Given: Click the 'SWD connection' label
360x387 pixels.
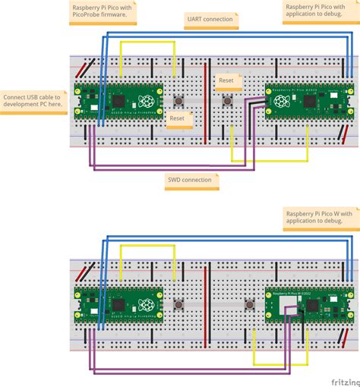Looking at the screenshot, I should [x=191, y=180].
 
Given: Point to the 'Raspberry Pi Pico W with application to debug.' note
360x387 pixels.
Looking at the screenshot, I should [x=320, y=219].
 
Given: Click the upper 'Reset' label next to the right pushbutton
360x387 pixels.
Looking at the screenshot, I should [x=226, y=80].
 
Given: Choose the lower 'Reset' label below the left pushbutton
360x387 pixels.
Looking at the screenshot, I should [x=177, y=118].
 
